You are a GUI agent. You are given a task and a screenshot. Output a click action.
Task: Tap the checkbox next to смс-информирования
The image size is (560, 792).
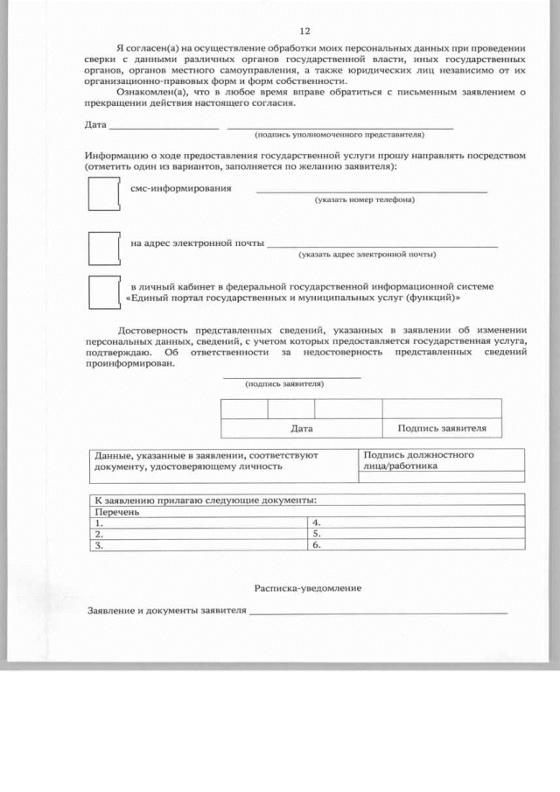pos(103,193)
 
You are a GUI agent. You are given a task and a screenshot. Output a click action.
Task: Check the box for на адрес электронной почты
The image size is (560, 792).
pos(103,249)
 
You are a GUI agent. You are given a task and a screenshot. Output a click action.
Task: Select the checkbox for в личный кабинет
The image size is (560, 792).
pos(103,292)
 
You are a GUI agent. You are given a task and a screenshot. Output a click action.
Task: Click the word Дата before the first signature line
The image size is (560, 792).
pos(95,125)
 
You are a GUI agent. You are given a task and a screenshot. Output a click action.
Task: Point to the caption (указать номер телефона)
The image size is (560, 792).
pos(364,200)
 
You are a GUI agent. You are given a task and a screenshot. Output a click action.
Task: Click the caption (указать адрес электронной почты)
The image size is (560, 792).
pos(367,255)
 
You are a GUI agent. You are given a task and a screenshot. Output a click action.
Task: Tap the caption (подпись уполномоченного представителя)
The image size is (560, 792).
pos(339,136)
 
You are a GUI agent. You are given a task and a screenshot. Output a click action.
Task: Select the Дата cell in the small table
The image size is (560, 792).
pos(301,429)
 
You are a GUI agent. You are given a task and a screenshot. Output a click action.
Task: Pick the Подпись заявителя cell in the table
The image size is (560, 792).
pos(441,429)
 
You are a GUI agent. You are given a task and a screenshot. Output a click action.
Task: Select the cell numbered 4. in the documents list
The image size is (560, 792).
pos(416,522)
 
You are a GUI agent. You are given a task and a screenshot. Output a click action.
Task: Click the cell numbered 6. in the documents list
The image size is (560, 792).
pos(416,544)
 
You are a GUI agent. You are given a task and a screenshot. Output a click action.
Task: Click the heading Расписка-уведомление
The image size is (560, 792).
pos(307,588)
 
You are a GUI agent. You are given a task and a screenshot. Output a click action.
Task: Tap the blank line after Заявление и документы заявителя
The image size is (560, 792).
pos(377,612)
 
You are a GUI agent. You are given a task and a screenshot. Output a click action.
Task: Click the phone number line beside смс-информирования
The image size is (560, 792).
pos(371,190)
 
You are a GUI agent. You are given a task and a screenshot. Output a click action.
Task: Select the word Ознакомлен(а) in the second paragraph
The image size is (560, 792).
pos(145,91)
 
